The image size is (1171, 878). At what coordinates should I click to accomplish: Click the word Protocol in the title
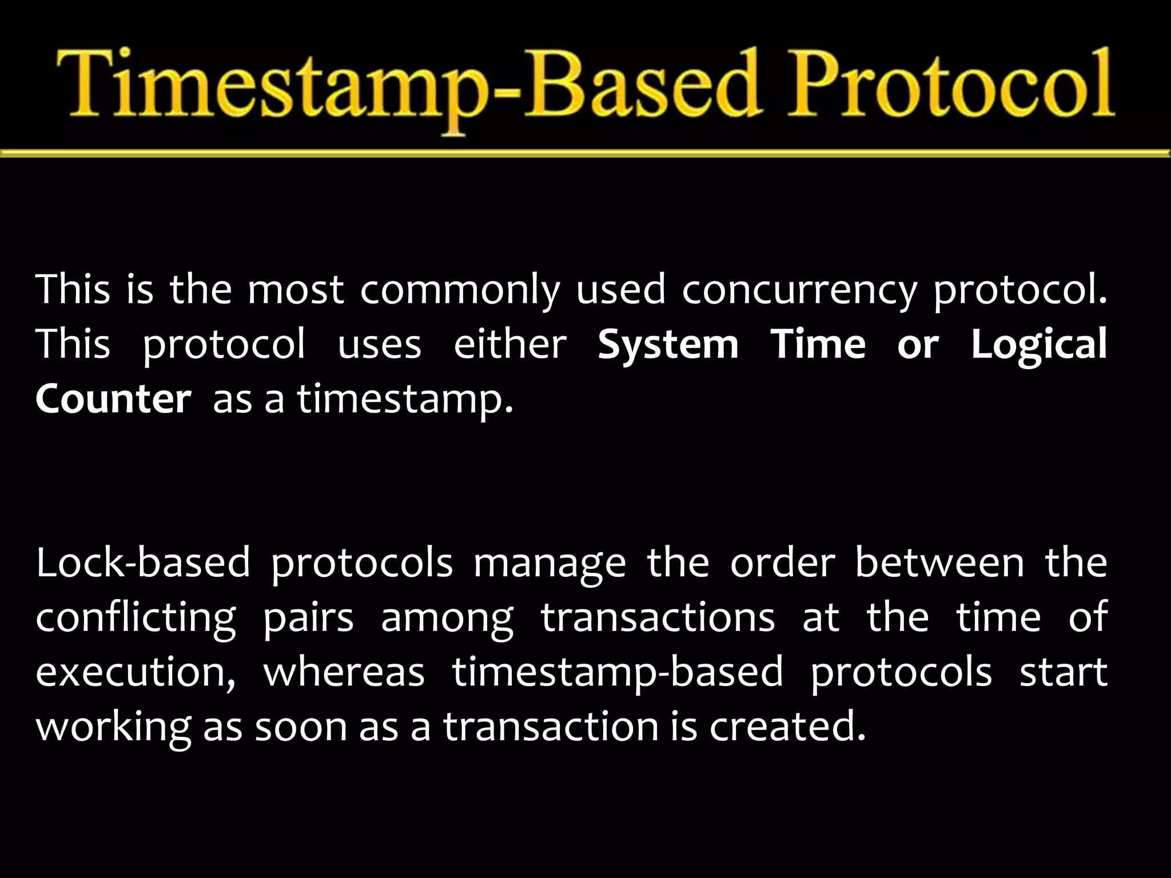point(949,86)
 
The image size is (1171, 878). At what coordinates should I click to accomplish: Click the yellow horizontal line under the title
point(585,153)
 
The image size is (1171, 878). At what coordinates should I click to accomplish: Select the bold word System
point(668,345)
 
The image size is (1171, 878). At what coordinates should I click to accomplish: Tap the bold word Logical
point(1039,345)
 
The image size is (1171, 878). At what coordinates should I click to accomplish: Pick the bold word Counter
point(113,399)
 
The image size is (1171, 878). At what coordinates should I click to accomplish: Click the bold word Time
point(818,345)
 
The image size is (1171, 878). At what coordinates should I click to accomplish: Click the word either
point(509,345)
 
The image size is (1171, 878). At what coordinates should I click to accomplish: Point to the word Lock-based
point(143,562)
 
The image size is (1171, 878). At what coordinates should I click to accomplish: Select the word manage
point(549,562)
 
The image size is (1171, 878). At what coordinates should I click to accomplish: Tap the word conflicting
point(136,617)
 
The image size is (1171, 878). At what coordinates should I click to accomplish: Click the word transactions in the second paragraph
point(658,617)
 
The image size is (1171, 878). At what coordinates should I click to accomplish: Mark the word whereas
point(344,672)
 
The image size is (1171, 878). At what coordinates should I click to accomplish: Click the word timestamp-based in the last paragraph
point(618,672)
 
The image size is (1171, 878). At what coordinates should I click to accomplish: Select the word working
point(113,726)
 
